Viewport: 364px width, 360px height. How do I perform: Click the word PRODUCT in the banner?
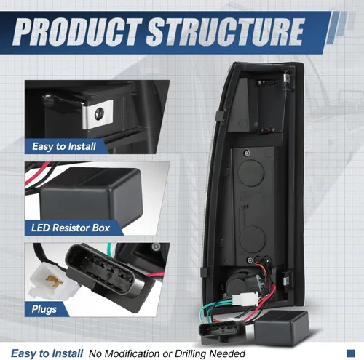pos(77,32)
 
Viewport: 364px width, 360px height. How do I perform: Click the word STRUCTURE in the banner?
pos(226,32)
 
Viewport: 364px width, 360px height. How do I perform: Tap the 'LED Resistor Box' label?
pos(71,228)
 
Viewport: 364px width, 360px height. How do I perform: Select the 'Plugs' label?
pos(44,309)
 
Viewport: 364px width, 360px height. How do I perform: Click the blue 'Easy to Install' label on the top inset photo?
pos(64,146)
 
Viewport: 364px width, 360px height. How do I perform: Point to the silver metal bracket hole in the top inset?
pos(99,113)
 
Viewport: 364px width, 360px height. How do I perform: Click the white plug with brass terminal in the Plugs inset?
pos(52,281)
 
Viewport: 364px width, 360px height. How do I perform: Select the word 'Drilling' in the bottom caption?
pos(189,353)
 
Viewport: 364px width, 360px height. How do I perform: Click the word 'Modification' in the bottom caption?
pos(132,353)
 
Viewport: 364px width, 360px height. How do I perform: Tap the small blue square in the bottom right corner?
pos(351,353)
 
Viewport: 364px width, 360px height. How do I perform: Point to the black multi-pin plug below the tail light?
pos(222,331)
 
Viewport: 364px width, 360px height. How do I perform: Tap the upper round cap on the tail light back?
pos(251,172)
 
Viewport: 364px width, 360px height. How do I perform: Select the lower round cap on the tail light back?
pos(253,239)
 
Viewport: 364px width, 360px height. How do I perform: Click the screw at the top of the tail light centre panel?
pos(248,153)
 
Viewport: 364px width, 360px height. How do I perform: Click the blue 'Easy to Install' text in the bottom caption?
pos(47,353)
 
